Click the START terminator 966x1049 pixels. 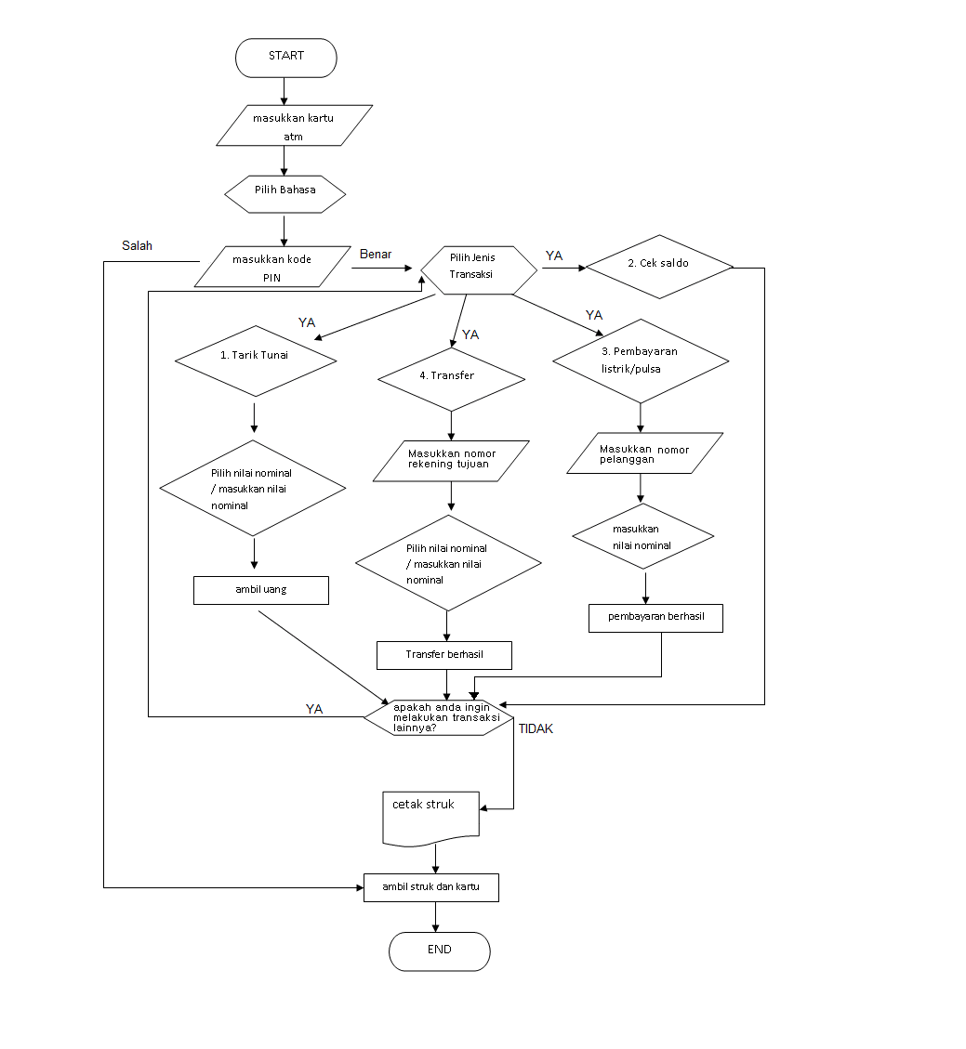point(285,58)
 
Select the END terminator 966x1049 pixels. point(439,951)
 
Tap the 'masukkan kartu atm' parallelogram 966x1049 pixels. point(294,125)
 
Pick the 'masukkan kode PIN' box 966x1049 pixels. point(271,268)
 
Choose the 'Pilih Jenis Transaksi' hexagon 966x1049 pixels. point(479,269)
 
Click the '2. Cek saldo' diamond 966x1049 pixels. point(659,264)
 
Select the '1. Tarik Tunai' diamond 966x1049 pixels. point(256,361)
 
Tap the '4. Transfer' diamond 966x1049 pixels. point(451,378)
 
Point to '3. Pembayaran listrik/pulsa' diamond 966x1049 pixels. point(640,361)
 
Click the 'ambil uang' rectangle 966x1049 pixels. point(260,591)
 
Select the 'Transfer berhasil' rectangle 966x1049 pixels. point(444,655)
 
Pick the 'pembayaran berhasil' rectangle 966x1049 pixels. point(655,619)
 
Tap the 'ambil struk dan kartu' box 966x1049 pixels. point(430,887)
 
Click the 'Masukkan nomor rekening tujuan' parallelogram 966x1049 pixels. point(451,460)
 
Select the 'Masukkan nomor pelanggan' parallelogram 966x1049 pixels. point(644,453)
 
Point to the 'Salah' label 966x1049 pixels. point(137,246)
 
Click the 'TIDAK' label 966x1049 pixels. point(536,729)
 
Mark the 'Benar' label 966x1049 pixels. point(376,254)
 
